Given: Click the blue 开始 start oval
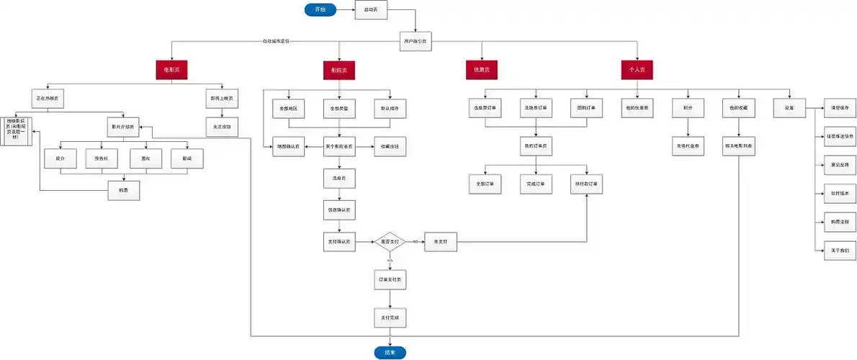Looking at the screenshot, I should point(320,9).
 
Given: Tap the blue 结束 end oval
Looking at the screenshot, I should point(390,353).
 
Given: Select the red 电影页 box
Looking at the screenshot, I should point(171,70).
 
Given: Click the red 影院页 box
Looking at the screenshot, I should point(339,71).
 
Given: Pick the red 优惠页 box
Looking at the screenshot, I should point(482,70).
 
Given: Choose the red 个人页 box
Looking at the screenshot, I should point(637,70).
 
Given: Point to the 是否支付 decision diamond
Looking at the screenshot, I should point(390,242).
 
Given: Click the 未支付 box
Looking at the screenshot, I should point(440,242).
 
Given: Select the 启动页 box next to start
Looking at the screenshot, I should point(371,10).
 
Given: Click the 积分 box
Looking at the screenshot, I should point(687,108).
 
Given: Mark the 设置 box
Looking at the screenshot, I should point(788,108).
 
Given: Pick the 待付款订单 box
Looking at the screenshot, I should point(586,184).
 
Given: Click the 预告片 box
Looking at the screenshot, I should point(101,158).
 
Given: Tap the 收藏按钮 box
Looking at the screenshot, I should point(390,147).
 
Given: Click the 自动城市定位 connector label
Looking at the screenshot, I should point(276,42).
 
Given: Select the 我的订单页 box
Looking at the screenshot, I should point(535,147).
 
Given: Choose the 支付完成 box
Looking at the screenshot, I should point(390,317).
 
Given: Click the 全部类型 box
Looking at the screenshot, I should point(339,108).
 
